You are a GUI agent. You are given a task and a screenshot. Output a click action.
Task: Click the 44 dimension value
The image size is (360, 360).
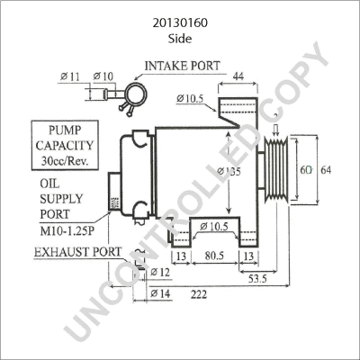tap(239, 77)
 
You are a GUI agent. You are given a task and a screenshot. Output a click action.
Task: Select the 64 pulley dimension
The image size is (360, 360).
tap(327, 170)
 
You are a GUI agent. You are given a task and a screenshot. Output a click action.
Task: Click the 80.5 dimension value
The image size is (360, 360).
tap(213, 256)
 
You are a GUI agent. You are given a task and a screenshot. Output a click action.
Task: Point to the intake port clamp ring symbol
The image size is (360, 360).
tap(137, 90)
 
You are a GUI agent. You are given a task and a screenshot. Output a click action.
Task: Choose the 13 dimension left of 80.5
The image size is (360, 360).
tap(180, 256)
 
